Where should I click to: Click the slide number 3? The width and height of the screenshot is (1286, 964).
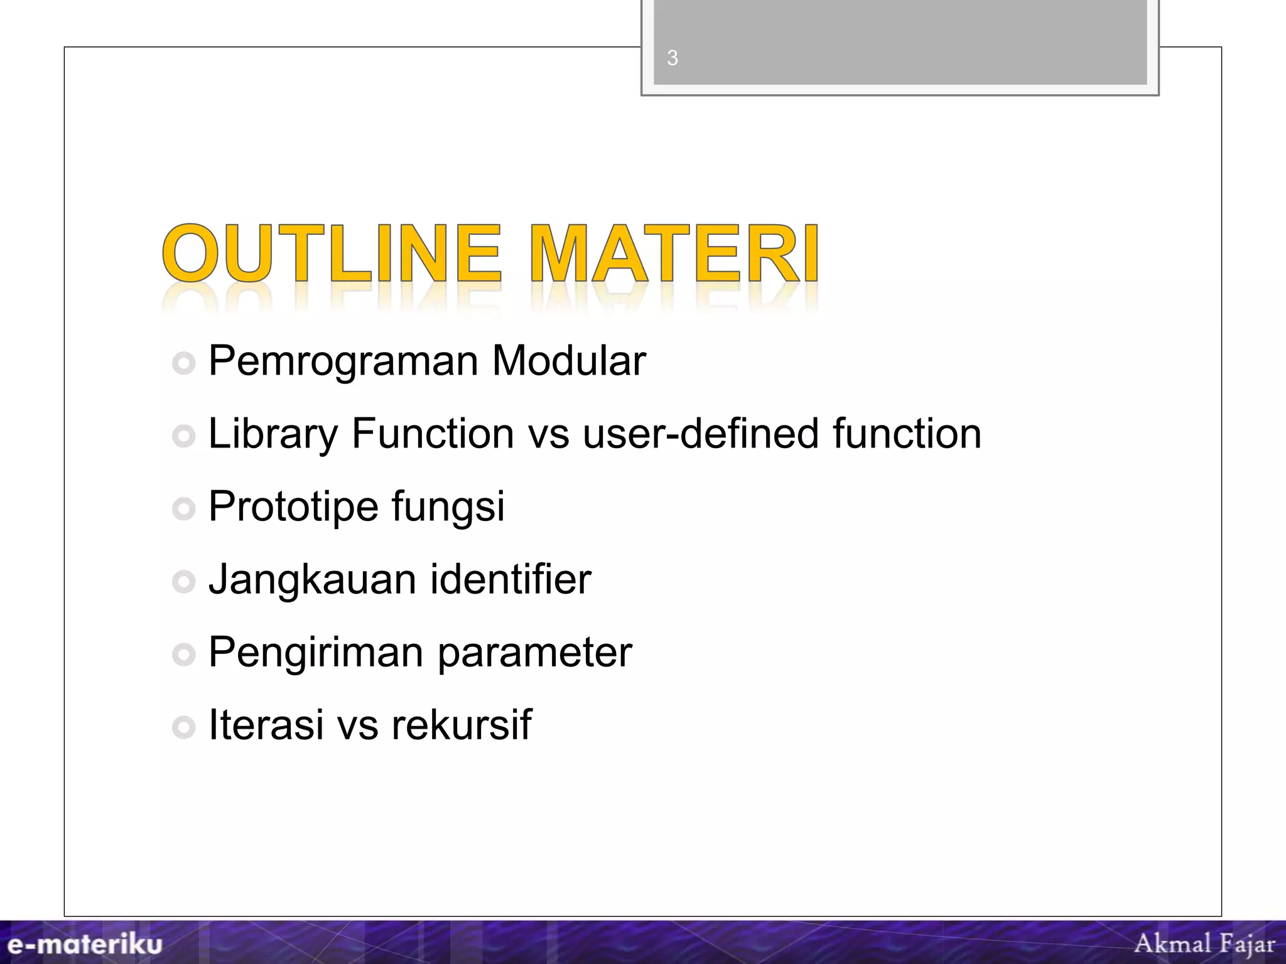pos(673,58)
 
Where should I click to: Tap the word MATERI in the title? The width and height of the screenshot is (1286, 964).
pos(674,254)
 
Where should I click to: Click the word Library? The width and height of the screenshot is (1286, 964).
pos(273,434)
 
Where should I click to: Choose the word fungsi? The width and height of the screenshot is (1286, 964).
pos(448,507)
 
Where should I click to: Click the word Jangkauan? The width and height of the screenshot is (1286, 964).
pos(312,579)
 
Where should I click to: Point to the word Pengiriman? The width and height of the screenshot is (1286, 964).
pos(316,653)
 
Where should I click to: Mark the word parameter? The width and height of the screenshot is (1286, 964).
pos(534,653)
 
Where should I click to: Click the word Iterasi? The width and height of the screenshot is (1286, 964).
pos(266,724)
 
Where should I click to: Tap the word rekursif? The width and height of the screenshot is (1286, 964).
pos(462,724)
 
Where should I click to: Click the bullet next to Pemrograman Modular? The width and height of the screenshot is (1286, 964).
pos(183,363)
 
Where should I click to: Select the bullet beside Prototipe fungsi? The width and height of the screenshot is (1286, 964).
pos(183,508)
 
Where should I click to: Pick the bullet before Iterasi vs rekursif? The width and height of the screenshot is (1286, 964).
pos(183,727)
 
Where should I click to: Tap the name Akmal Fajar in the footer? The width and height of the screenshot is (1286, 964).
pos(1204,943)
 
